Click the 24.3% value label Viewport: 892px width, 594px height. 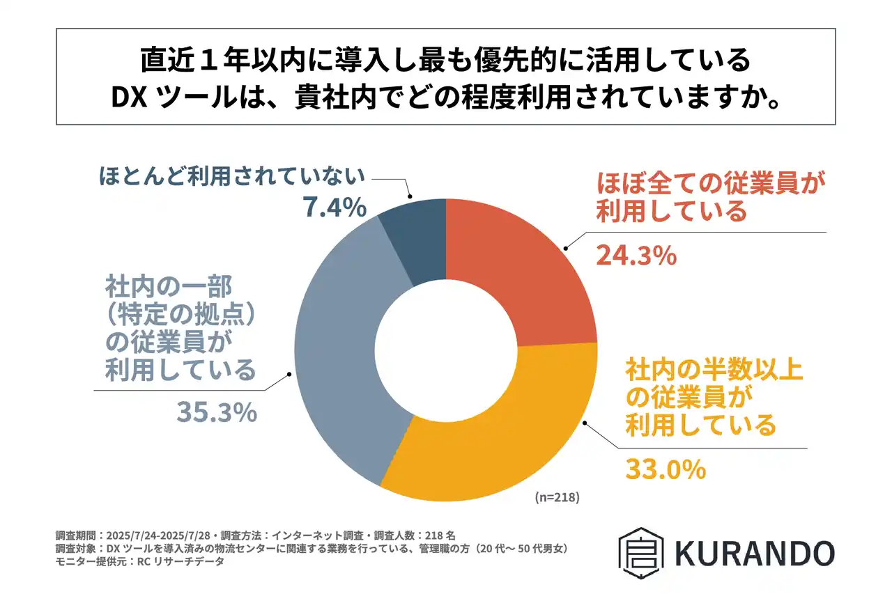click(636, 256)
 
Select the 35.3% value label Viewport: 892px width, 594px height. click(217, 412)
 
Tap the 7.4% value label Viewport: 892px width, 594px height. click(334, 207)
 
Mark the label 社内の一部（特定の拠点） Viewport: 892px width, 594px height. click(178, 299)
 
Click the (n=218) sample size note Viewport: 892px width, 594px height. click(557, 498)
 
